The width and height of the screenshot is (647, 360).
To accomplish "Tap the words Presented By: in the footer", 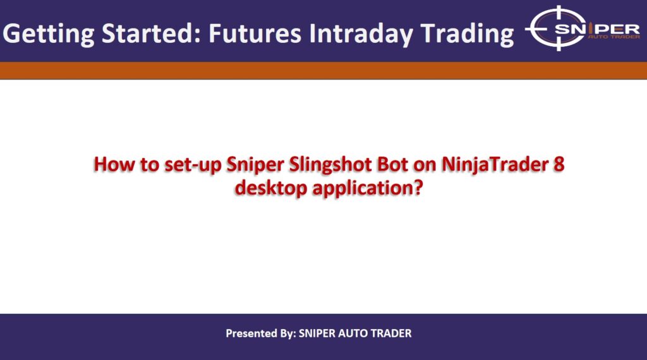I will pyautogui.click(x=260, y=333).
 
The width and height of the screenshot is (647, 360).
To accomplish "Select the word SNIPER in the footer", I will pyautogui.click(x=315, y=333).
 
